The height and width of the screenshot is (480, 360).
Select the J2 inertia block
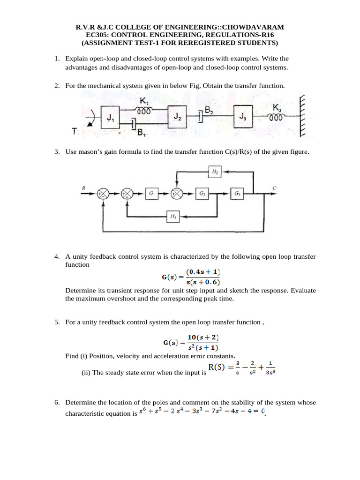point(177,115)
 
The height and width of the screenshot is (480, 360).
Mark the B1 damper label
point(141,133)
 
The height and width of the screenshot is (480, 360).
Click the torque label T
point(75,132)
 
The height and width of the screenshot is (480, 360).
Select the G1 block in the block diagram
point(152,193)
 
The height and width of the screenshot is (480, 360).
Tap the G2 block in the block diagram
point(202,193)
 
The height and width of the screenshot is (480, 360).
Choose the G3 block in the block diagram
point(238,193)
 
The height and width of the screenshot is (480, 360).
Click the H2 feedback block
point(215,172)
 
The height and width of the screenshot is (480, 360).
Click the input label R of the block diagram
point(83,188)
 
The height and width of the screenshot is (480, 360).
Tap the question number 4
point(56,257)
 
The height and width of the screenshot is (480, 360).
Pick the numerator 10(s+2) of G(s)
point(203,337)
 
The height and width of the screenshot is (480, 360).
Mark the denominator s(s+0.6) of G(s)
point(203,282)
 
